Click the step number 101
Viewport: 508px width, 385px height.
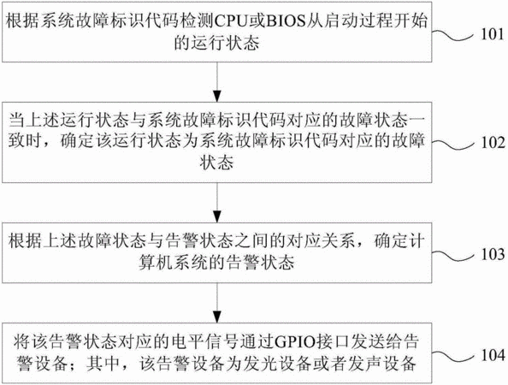pos(492,34)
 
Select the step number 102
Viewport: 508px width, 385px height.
pos(493,143)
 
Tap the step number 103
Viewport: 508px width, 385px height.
pos(493,254)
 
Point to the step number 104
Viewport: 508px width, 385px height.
pos(493,355)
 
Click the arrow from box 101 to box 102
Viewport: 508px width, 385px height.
pos(217,82)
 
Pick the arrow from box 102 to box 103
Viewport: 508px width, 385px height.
pos(217,203)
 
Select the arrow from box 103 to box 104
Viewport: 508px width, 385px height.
pos(217,303)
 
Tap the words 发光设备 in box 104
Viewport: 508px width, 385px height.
pos(275,364)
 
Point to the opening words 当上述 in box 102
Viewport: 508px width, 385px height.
pos(33,121)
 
